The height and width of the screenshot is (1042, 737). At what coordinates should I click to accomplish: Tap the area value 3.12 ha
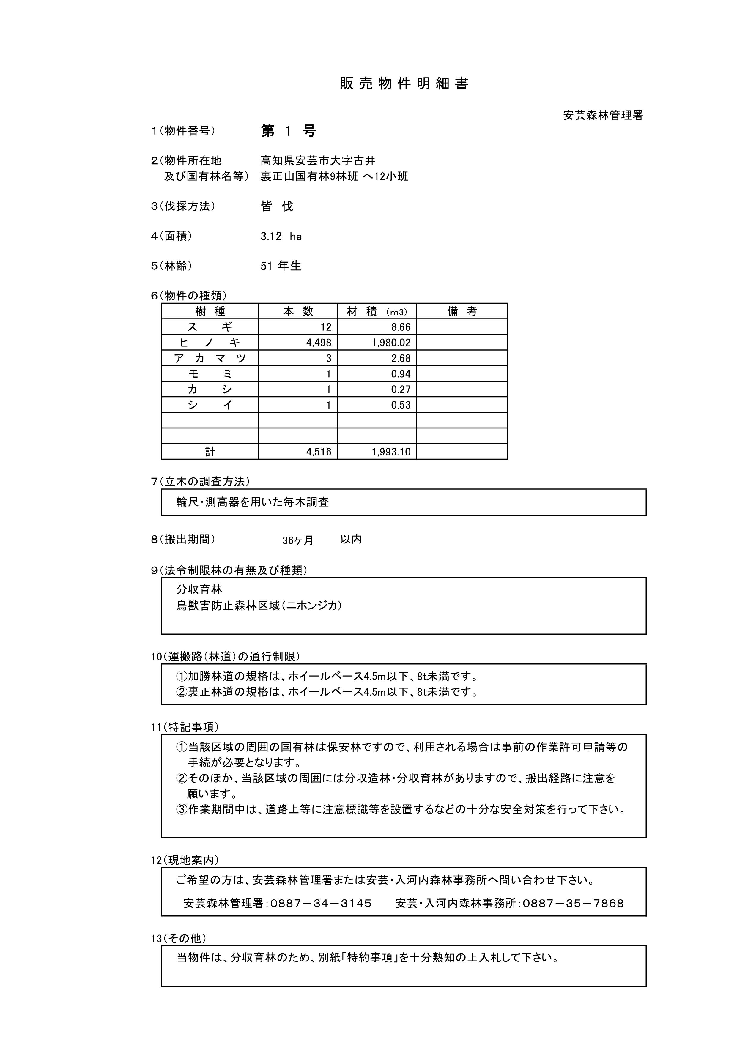point(281,237)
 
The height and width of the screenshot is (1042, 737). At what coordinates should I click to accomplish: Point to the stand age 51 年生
point(281,266)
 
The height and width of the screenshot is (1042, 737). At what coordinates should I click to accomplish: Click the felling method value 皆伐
point(277,206)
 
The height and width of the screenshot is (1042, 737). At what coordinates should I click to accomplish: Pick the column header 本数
point(298,311)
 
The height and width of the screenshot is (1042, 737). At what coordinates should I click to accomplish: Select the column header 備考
point(462,311)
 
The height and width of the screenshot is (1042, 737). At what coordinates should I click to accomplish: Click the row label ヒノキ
point(210,343)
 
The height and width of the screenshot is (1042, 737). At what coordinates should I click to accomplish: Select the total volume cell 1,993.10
point(391,452)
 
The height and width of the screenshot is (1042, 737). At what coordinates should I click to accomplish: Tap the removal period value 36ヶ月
point(298,540)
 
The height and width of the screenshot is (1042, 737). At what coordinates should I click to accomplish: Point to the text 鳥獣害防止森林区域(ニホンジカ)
point(259,606)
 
